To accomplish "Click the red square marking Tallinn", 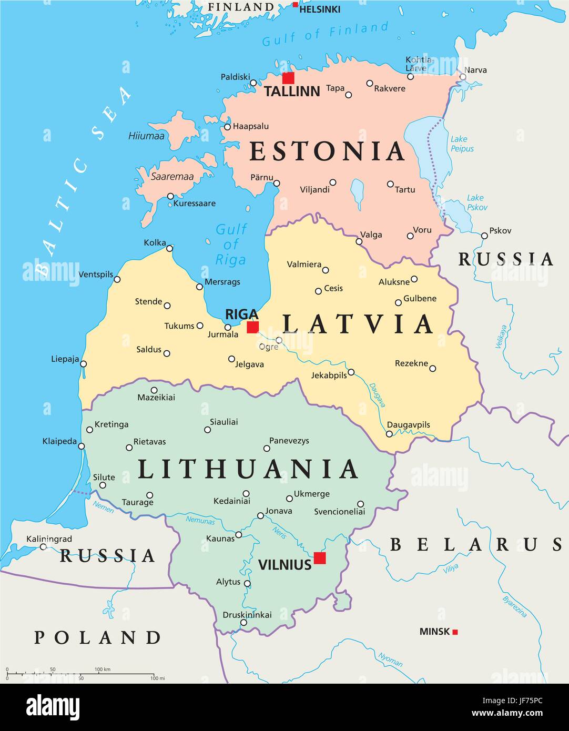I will click(288, 78).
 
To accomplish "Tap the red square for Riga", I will click(253, 327).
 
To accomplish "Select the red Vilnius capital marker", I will click(319, 558).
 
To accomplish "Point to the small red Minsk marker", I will click(455, 632).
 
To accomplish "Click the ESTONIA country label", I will click(327, 151).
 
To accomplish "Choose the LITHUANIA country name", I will click(248, 469).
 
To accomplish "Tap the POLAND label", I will click(98, 637).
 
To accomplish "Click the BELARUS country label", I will click(476, 544).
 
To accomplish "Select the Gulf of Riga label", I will click(231, 245).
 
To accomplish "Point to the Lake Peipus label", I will click(461, 144).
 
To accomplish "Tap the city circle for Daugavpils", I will click(389, 434).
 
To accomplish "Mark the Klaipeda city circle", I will click(82, 446).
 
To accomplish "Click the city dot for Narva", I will click(463, 77).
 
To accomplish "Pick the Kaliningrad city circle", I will click(43, 547).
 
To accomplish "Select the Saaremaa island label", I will click(172, 177).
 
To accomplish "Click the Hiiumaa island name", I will click(146, 136).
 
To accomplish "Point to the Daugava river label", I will click(377, 394).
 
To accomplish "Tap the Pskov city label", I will click(500, 230).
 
